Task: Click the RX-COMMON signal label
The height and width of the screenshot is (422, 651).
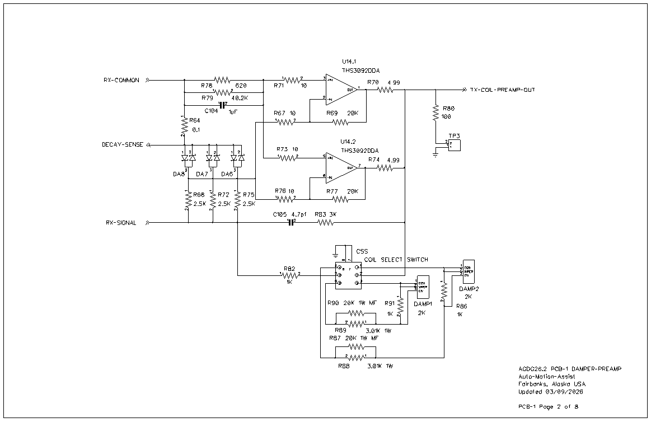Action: click(x=121, y=80)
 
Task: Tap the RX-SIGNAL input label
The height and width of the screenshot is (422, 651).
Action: click(x=122, y=223)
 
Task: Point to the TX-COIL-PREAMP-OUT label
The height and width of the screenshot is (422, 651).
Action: click(x=502, y=90)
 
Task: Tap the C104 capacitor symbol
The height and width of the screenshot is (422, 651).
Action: click(x=223, y=105)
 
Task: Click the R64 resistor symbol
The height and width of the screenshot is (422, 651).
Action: click(x=185, y=126)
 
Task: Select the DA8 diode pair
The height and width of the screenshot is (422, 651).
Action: click(x=188, y=158)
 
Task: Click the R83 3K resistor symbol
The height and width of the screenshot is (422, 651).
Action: click(x=325, y=223)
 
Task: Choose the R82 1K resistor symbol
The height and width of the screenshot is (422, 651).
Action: click(x=291, y=275)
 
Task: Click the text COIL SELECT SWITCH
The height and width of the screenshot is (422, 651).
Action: click(x=396, y=260)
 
